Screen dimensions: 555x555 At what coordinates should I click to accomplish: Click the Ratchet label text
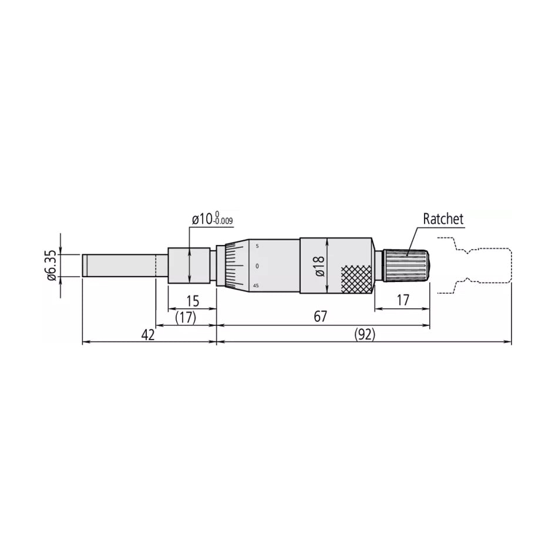pyautogui.click(x=443, y=219)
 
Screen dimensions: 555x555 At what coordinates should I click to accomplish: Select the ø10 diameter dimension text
pyautogui.click(x=201, y=220)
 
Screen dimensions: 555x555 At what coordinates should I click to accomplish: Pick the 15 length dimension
pyautogui.click(x=192, y=301)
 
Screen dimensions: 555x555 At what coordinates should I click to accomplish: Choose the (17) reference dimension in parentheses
pyautogui.click(x=186, y=318)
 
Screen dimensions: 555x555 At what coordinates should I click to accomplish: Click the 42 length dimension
pyautogui.click(x=148, y=335)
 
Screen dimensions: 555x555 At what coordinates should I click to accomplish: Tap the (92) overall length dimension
pyautogui.click(x=365, y=335)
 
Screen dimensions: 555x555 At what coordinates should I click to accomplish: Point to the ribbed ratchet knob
pyautogui.click(x=408, y=265)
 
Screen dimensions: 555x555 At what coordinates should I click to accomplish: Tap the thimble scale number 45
pyautogui.click(x=256, y=285)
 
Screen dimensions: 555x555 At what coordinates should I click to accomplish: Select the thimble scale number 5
pyautogui.click(x=257, y=246)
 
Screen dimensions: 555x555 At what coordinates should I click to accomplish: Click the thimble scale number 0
pyautogui.click(x=257, y=266)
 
